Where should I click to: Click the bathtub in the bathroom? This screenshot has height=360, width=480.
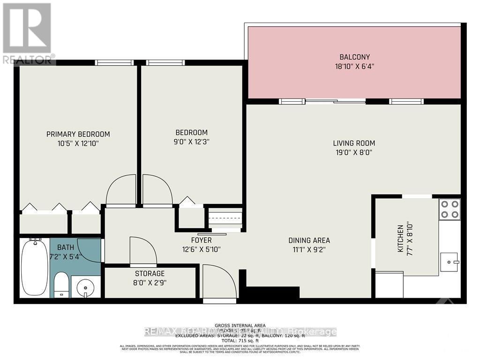tap(34, 267)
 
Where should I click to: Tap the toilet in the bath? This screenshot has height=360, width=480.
tap(61, 285)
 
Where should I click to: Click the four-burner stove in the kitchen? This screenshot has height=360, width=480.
tap(449, 210)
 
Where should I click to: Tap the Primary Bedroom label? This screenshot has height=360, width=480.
tap(78, 134)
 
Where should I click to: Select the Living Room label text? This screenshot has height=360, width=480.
tap(354, 143)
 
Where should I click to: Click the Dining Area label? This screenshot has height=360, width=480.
tap(309, 240)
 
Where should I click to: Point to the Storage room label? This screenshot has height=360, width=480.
tap(150, 273)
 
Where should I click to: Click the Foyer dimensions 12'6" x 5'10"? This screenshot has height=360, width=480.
tap(201, 249)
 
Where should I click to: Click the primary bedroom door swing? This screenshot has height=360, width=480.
tap(121, 190)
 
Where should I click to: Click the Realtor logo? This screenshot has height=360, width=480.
tap(28, 33)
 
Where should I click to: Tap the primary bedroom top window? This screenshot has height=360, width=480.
tap(114, 62)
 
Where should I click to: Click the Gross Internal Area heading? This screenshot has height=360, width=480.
tap(240, 325)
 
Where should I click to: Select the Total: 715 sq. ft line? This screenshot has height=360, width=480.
tap(240, 340)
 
